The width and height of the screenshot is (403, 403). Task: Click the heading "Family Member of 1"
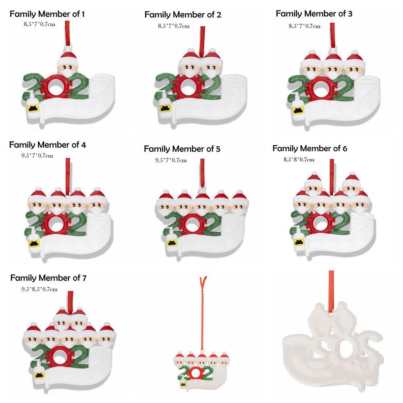pos(47,15)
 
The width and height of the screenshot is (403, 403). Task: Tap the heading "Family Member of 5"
pos(182,149)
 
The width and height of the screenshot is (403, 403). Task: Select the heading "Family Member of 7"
pos(48,278)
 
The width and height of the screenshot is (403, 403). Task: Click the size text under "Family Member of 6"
pos(299,160)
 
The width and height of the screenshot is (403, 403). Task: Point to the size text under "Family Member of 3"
pos(304,26)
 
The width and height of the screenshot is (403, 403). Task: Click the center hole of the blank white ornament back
pos(344,347)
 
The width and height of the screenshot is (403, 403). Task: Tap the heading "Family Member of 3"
pos(314,14)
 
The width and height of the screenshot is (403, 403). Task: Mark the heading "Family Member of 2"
pos(183,15)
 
